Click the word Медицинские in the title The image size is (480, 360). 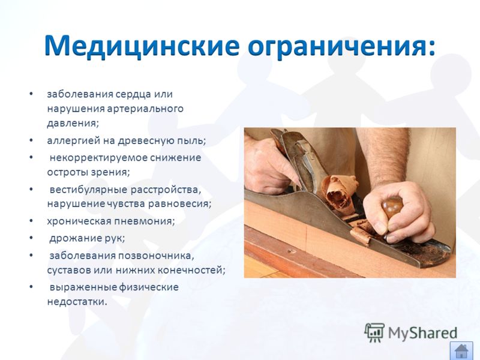(x=142, y=46)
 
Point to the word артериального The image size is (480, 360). (x=145, y=109)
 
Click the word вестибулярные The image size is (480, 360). (x=88, y=190)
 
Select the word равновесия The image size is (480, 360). (x=179, y=204)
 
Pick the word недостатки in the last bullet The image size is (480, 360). (x=77, y=302)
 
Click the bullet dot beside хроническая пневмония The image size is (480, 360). (x=31, y=221)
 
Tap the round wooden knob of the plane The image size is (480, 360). (x=392, y=206)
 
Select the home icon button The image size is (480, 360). (x=461, y=351)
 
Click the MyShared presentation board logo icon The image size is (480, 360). (x=374, y=332)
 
